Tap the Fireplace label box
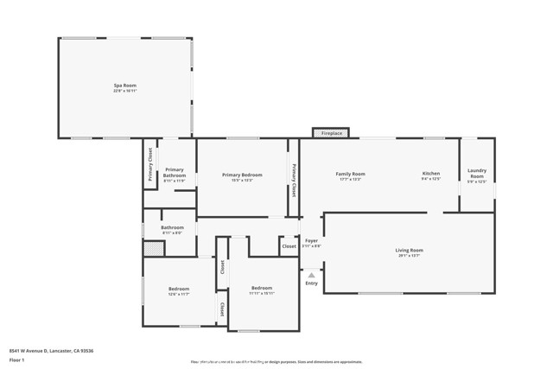pos(332,134)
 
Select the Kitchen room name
pos(431,174)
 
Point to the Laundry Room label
pos(477,173)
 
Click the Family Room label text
pos(350,174)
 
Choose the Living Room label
pos(410,250)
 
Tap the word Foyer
pos(311,240)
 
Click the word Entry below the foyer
pos(311,283)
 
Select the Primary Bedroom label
pos(241,175)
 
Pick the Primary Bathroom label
pos(174,172)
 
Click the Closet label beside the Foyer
pos(289,246)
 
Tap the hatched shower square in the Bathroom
pos(153,249)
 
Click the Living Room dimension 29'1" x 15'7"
pos(410,256)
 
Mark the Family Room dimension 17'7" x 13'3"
pos(350,180)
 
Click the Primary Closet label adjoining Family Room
pos(294,181)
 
